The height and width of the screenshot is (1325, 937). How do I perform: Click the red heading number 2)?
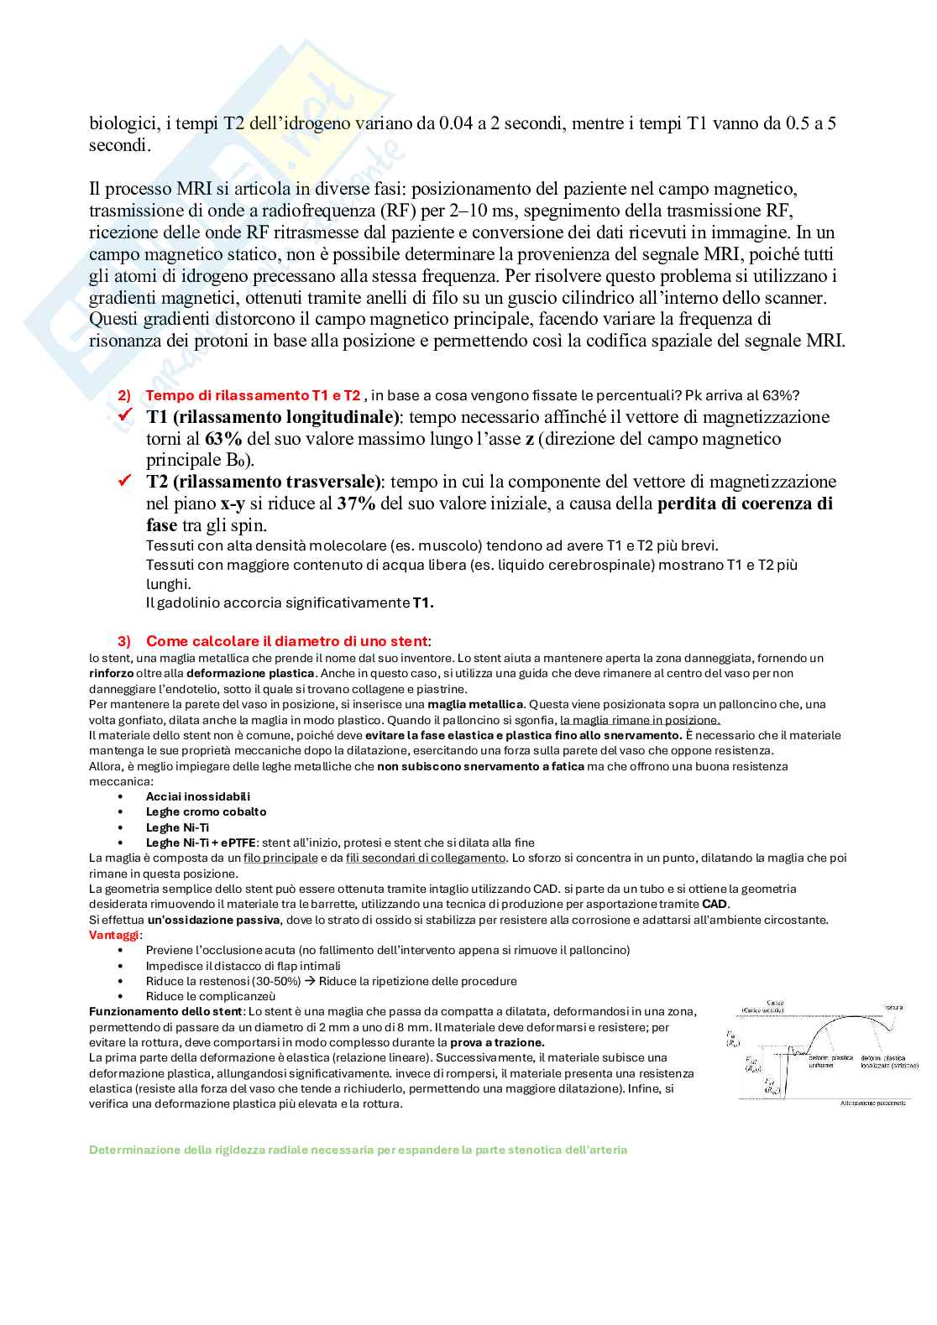coord(124,395)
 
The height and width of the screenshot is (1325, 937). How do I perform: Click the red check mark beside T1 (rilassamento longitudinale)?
coord(126,416)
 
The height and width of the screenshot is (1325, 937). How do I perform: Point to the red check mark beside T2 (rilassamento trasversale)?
coord(126,481)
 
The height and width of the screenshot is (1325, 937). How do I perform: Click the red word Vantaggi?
coord(114,935)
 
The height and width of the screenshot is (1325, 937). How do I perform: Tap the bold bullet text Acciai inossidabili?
coord(198,796)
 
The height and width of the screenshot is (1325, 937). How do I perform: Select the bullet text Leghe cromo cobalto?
coord(206,811)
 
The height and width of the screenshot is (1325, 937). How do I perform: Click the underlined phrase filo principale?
coord(280,858)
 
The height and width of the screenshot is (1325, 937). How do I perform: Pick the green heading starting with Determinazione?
coord(358,1150)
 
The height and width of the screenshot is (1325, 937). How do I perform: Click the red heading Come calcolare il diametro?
coord(286,642)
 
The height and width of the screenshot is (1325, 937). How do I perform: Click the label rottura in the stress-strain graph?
coord(893,1007)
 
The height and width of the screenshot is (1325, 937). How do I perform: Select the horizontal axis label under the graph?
coord(872,1103)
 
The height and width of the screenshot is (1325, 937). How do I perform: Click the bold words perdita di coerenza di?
coord(745,503)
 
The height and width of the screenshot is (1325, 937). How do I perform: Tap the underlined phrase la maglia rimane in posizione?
coord(640,720)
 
